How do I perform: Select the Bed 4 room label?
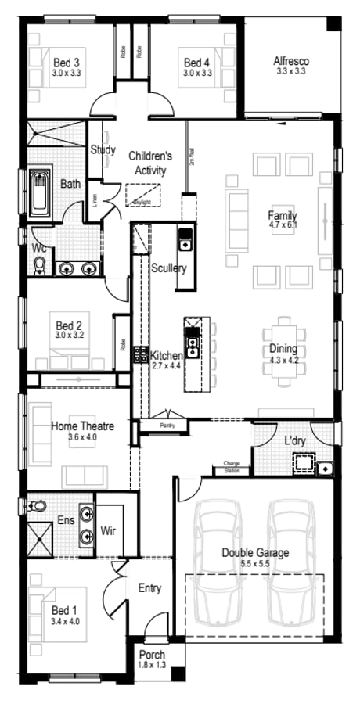coord(196,62)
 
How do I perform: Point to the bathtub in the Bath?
coord(39,192)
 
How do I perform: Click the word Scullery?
coord(169,268)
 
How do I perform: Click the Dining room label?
coord(283,349)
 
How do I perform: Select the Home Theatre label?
coord(83,426)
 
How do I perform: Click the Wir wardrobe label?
coord(109,531)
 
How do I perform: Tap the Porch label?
coord(152,655)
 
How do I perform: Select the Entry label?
coord(149,587)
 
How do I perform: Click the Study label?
coord(103,150)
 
